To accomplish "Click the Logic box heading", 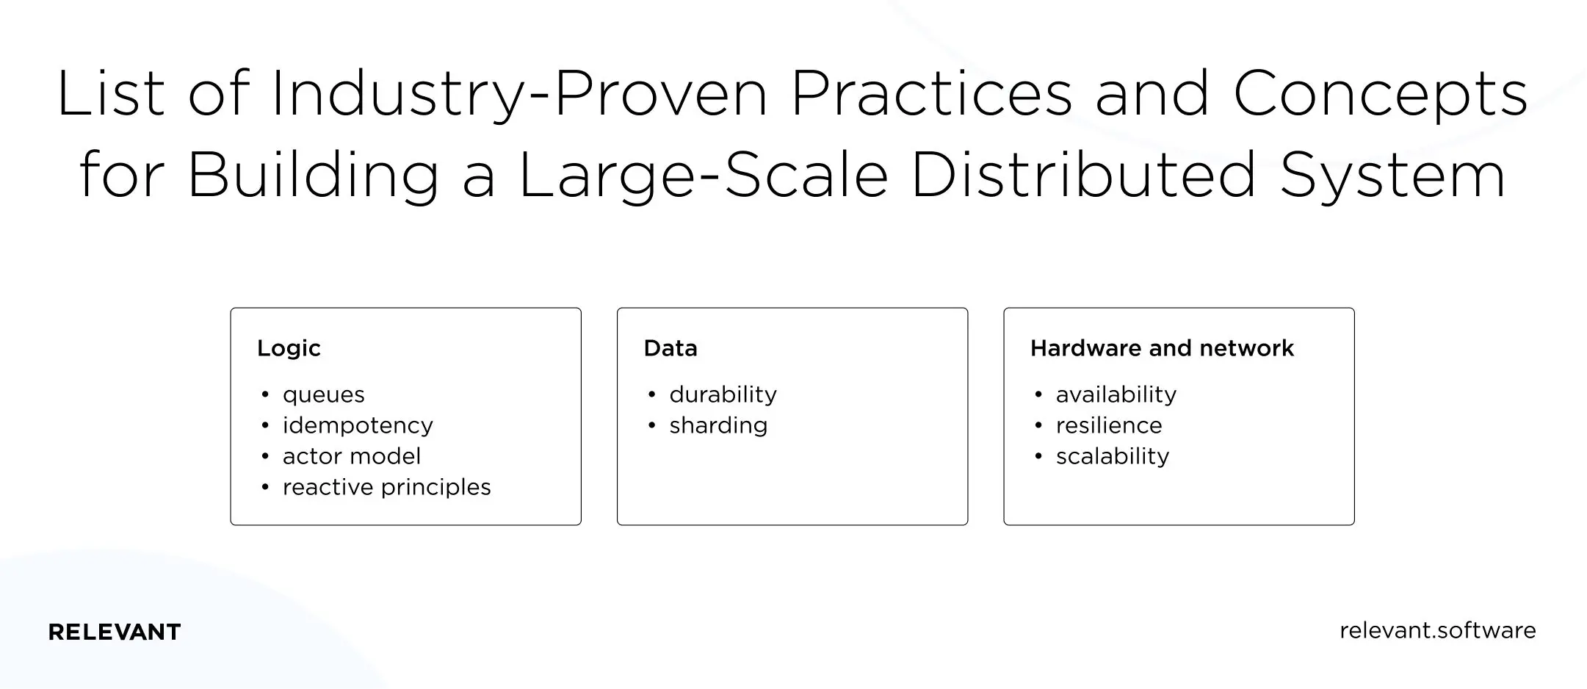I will [289, 348].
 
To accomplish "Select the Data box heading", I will [670, 348].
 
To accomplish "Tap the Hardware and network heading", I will [1162, 348].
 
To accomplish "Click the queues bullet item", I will [323, 395].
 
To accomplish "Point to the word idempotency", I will [358, 426].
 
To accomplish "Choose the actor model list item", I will [352, 457].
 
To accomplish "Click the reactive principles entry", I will [386, 488].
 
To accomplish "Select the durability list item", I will [723, 395].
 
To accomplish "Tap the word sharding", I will [718, 426].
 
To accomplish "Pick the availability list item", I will [1116, 395].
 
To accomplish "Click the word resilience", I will [1109, 426].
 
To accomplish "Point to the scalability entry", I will [1112, 457].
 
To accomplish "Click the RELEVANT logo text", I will [115, 632].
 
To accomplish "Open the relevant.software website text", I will [1437, 631].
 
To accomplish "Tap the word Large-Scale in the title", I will [703, 176].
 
